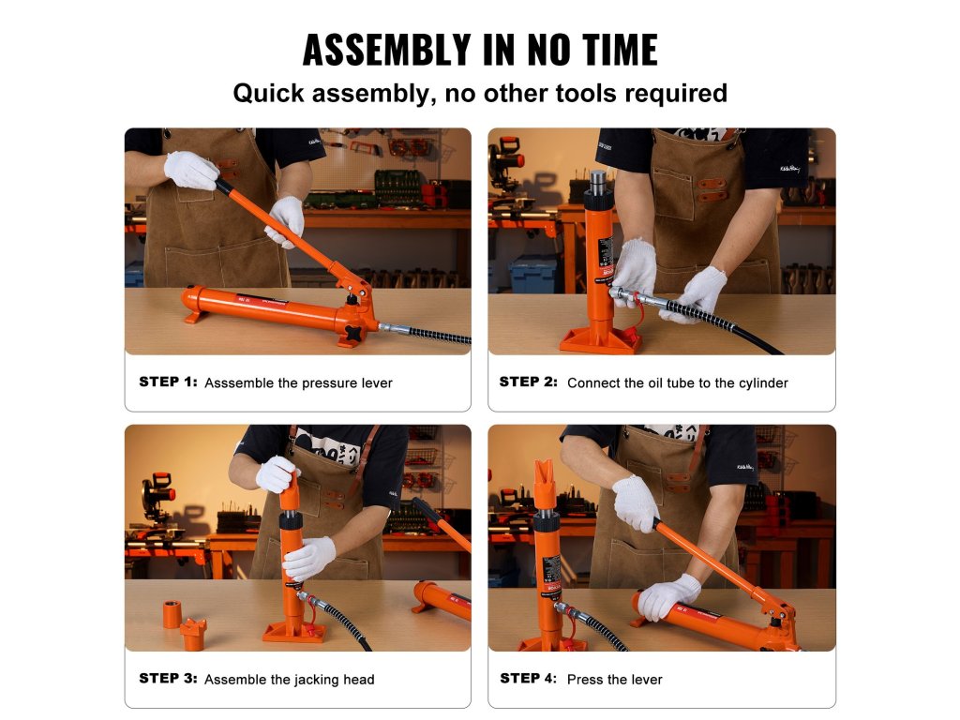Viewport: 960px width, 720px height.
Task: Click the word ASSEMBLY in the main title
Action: [386, 50]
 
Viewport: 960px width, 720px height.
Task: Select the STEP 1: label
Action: [169, 382]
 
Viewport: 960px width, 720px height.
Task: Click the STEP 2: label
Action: [529, 382]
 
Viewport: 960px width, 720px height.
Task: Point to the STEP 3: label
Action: [169, 679]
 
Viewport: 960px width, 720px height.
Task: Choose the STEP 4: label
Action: [529, 679]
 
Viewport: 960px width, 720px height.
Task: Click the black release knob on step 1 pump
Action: [353, 333]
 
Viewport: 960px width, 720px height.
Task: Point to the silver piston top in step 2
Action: [598, 181]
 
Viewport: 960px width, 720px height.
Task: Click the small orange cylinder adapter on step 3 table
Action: [172, 614]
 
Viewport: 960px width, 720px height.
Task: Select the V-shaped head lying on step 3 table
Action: [193, 634]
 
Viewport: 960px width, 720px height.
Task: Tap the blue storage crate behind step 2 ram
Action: [533, 275]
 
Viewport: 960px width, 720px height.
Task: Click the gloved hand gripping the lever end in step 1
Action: [191, 170]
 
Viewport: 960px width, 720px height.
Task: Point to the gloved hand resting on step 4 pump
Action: [668, 596]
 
